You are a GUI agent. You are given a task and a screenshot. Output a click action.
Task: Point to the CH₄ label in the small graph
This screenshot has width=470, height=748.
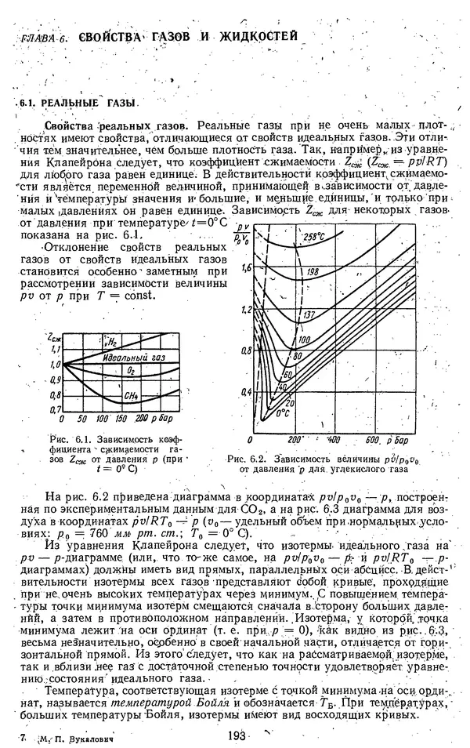click(130, 397)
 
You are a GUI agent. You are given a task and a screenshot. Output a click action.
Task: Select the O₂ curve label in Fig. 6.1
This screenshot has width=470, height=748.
click(132, 369)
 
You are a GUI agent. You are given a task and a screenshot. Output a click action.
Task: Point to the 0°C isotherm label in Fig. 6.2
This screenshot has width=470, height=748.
click(282, 412)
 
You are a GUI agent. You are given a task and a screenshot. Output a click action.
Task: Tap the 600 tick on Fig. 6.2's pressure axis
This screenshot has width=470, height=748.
click(373, 440)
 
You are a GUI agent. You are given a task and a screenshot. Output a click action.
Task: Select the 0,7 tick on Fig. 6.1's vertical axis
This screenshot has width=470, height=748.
click(55, 408)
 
